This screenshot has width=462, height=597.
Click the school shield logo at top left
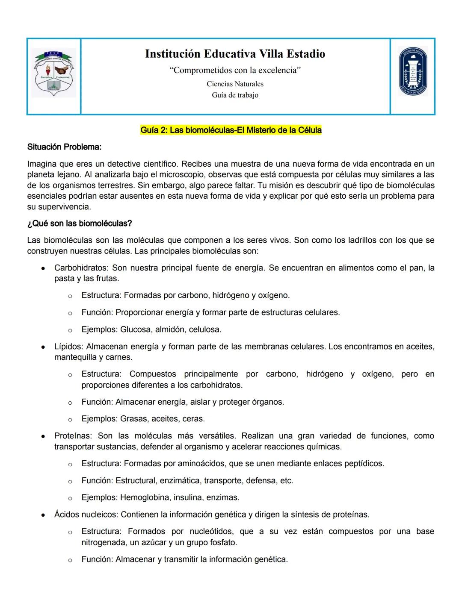(54, 73)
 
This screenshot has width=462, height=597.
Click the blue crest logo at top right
(413, 71)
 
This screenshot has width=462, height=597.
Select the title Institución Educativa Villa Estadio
(235, 54)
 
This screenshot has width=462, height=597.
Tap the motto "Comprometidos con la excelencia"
(235, 70)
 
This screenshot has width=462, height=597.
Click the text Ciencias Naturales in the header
(235, 84)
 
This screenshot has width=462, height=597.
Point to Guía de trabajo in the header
(235, 95)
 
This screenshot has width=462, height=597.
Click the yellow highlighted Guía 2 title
(231, 130)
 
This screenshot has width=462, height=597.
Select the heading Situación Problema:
(64, 147)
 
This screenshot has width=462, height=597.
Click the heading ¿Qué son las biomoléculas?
(79, 224)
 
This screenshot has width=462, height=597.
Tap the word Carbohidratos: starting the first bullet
(81, 268)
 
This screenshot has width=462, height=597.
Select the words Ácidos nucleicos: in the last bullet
(86, 515)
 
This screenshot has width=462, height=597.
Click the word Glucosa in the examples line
(136, 329)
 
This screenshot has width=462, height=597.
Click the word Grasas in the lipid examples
(133, 418)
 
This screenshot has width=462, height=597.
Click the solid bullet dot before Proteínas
(43, 437)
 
